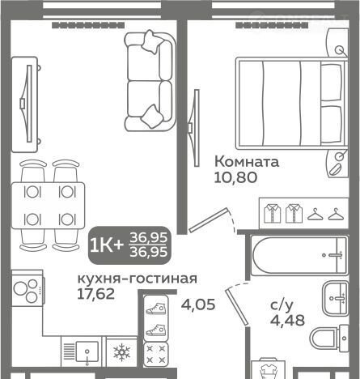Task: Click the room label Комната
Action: pos(247,162)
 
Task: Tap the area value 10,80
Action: pos(235,177)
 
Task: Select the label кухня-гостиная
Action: pos(138,279)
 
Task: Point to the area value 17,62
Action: pos(96,294)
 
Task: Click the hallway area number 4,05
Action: pos(198,304)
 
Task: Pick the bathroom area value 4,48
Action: pos(287,320)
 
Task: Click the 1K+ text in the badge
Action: pos(106,245)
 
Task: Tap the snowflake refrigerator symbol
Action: pos(122,352)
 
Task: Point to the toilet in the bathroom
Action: pos(329,338)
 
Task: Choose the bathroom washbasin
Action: pos(336,298)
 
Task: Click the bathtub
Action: pos(299,255)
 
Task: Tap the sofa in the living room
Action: pos(150,81)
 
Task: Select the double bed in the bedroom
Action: pos(292,103)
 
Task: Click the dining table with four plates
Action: pos(49,206)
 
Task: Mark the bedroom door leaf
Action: pos(209,220)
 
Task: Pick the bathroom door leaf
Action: pos(237,306)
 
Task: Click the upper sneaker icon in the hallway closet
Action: pos(155,309)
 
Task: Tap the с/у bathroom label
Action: pos(282,305)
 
